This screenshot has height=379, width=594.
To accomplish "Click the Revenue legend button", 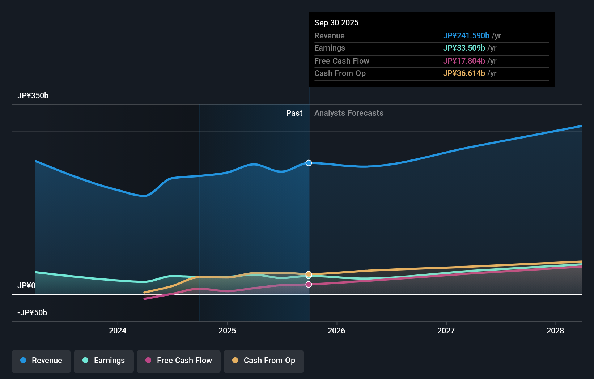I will [41, 361].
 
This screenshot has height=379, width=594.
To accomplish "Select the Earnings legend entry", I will [104, 361].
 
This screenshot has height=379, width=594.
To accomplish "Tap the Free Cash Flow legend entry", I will [179, 361].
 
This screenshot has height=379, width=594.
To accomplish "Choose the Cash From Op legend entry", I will [264, 361].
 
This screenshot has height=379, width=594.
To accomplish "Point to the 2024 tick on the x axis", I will [118, 331].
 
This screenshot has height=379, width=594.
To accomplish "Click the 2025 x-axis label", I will [227, 331].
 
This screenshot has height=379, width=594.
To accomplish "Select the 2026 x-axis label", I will [336, 331].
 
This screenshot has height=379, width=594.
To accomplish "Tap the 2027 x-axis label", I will [446, 331].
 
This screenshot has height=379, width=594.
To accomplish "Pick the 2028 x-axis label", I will [555, 331].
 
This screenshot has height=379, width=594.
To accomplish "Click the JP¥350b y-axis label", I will [33, 96].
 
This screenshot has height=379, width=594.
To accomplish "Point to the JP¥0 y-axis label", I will [26, 286].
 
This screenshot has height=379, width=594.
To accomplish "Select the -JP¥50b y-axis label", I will [32, 313].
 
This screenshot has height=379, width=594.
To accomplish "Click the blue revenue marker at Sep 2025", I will [309, 163].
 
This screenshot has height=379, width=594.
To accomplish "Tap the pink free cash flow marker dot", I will [309, 284].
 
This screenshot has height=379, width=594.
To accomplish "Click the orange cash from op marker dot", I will [309, 274].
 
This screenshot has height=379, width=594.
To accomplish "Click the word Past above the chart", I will [294, 113].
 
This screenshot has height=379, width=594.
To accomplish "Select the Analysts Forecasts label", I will [349, 113].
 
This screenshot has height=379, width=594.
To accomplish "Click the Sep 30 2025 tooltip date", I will [336, 23].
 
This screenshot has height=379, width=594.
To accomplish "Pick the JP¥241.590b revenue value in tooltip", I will [466, 36].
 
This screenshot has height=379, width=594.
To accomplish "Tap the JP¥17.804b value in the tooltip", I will [464, 61].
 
